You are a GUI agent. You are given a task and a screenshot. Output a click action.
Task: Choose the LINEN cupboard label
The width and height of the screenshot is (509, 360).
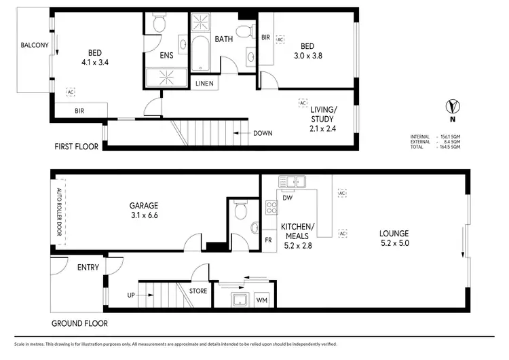[204, 84]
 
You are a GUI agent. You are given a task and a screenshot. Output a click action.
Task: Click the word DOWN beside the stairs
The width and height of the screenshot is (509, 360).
[263, 133]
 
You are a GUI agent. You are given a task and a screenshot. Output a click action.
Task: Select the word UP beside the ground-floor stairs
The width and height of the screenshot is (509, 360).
[130, 295]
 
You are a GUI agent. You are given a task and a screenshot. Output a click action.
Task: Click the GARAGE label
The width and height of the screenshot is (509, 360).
[144, 205]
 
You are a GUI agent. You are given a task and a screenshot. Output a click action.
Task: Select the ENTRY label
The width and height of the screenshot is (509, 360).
[88, 267]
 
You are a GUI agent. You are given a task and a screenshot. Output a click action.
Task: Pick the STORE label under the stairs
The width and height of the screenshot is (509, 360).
[198, 291]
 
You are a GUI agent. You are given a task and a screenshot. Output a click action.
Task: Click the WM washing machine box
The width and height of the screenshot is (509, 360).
[261, 300]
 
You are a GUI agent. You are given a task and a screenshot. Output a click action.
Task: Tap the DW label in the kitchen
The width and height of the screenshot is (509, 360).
[287, 198]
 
